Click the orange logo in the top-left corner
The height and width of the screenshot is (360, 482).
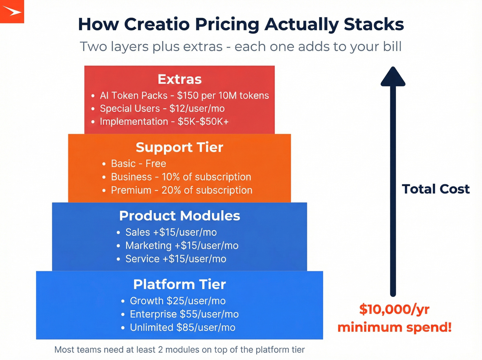click(12, 11)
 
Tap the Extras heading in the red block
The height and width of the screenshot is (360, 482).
click(179, 79)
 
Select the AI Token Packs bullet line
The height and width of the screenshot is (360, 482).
click(184, 95)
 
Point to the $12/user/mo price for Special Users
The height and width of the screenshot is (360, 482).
click(197, 109)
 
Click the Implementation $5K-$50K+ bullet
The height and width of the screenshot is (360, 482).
click(164, 122)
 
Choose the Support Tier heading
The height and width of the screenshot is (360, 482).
click(179, 147)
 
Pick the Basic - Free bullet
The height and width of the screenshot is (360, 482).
click(138, 164)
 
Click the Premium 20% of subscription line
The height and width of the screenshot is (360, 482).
click(181, 190)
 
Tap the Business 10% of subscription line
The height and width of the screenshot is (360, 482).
click(181, 177)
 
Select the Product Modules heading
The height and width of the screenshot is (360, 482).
click(179, 216)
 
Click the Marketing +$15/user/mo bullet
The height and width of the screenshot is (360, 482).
click(182, 246)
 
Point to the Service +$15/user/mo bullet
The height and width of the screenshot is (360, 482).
click(176, 259)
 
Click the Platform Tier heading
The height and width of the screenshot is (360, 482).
click(179, 285)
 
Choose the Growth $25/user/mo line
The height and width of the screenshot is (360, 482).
click(178, 301)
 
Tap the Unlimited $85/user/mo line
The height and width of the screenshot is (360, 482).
click(182, 328)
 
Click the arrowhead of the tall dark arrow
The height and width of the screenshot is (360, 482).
click(393, 76)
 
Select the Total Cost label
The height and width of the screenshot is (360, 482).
click(436, 189)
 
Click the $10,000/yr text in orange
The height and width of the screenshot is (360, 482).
click(394, 309)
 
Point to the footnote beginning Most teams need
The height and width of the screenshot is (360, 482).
click(179, 350)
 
